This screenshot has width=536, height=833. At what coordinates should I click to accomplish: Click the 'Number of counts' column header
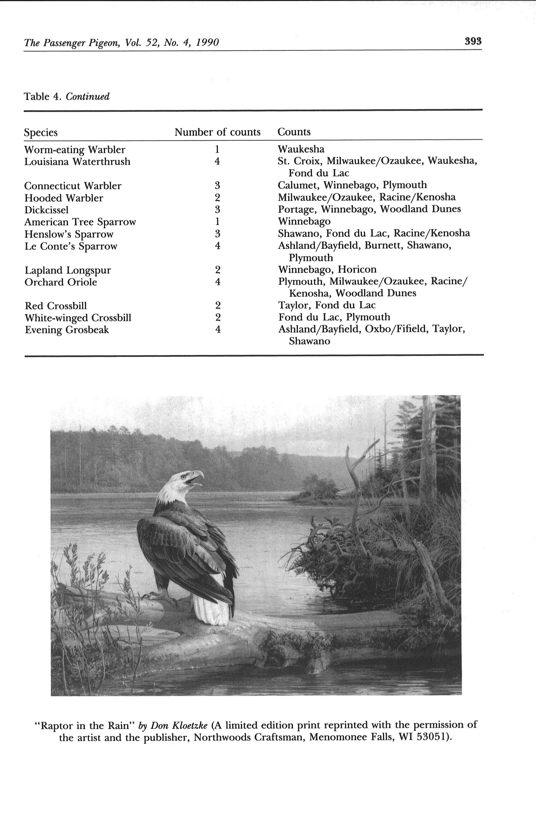point(217,132)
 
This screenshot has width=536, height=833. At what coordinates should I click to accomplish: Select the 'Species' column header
point(41,133)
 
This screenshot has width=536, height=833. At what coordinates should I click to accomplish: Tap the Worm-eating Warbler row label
point(75,150)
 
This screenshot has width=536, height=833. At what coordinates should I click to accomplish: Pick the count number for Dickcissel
point(217,209)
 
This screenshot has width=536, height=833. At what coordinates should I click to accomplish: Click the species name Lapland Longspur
point(68,270)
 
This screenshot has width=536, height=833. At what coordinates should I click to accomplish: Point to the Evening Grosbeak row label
point(67,330)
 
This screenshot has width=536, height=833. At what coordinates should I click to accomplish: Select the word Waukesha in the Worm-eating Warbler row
point(301,149)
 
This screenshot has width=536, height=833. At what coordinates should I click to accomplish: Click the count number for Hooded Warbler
point(217,198)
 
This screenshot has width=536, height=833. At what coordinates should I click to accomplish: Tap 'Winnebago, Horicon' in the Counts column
point(327,270)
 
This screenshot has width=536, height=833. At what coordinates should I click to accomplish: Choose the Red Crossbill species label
point(56,306)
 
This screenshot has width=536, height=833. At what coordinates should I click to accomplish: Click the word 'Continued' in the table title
point(88,96)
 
